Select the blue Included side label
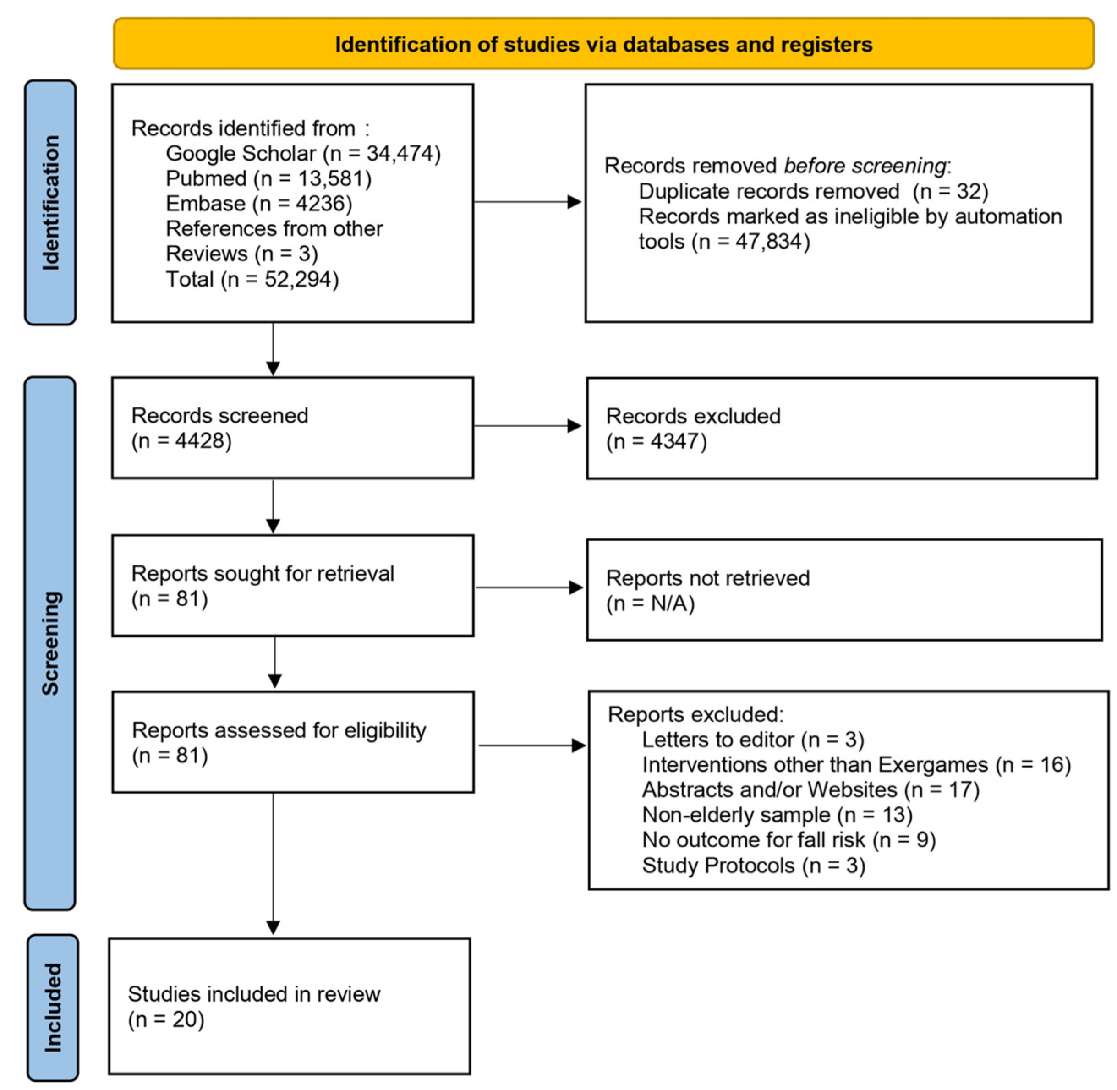point(53,1007)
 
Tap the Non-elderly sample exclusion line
point(777,814)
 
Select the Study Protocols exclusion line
point(753,865)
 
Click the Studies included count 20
point(184,1019)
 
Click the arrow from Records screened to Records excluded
point(527,426)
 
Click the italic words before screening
point(865,166)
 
